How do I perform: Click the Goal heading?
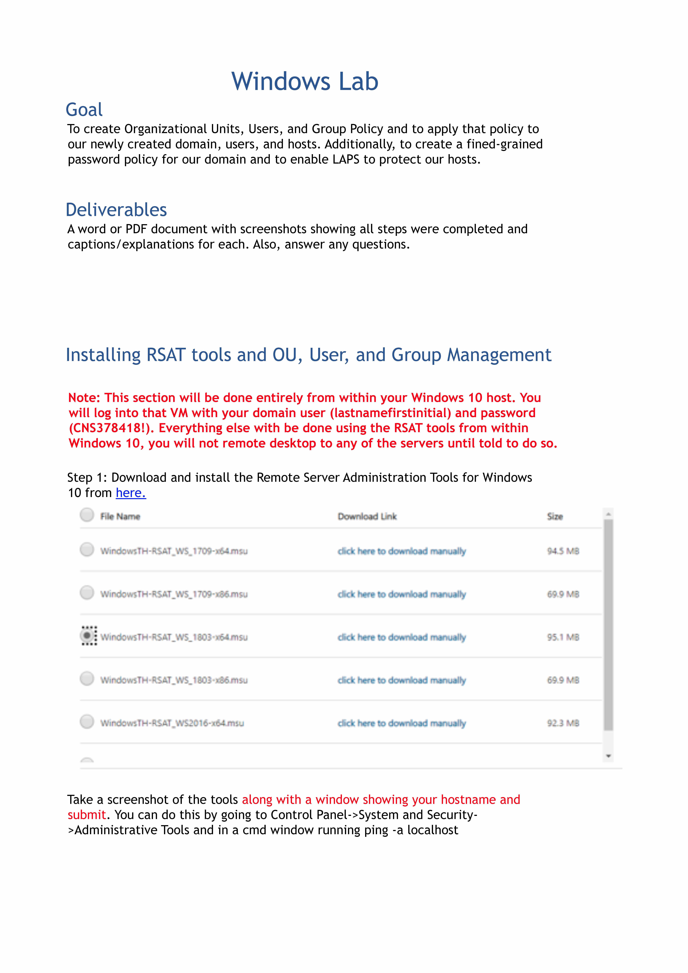pyautogui.click(x=84, y=110)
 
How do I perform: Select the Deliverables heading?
pyautogui.click(x=116, y=210)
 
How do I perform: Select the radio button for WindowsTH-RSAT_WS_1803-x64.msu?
pyautogui.click(x=87, y=636)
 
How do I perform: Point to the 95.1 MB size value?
pyautogui.click(x=563, y=637)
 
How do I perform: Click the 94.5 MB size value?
pyautogui.click(x=563, y=551)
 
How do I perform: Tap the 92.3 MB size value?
pyautogui.click(x=563, y=723)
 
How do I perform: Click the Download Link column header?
pyautogui.click(x=367, y=517)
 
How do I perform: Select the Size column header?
pyautogui.click(x=555, y=517)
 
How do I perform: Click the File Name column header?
pyautogui.click(x=120, y=517)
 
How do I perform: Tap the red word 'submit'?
pyautogui.click(x=86, y=815)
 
